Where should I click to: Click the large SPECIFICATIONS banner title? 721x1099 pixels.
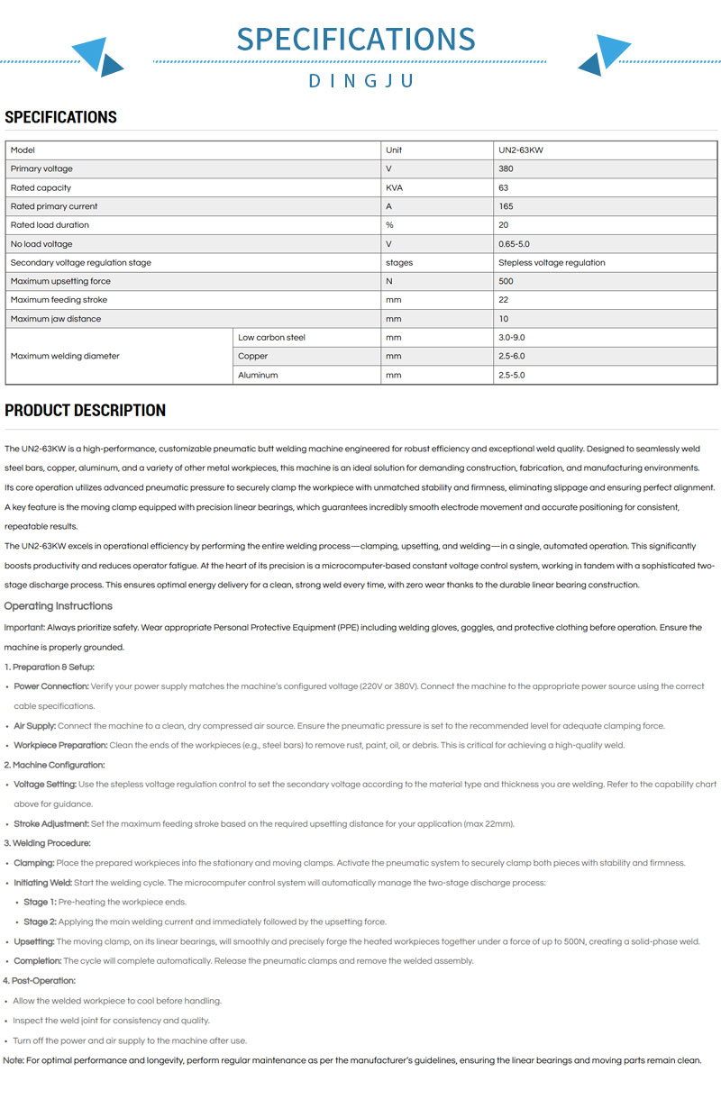pyautogui.click(x=356, y=39)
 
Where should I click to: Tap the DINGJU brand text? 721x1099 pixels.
pyautogui.click(x=360, y=81)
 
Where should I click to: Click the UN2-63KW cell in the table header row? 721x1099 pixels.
pyautogui.click(x=521, y=150)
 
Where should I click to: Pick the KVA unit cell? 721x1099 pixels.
pyautogui.click(x=394, y=188)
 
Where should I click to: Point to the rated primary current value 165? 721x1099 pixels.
pyautogui.click(x=505, y=206)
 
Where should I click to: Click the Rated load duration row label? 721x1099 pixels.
pyautogui.click(x=50, y=225)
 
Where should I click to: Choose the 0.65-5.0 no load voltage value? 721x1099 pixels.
pyautogui.click(x=513, y=244)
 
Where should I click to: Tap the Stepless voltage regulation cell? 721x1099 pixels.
pyautogui.click(x=552, y=263)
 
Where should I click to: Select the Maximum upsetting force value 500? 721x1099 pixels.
pyautogui.click(x=505, y=281)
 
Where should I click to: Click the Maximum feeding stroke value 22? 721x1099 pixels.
pyautogui.click(x=503, y=300)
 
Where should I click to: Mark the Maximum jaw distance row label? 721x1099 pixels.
pyautogui.click(x=56, y=319)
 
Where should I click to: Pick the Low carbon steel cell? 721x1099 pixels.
pyautogui.click(x=271, y=338)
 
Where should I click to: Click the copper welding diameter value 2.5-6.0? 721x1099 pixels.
pyautogui.click(x=511, y=357)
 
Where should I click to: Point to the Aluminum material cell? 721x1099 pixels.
pyautogui.click(x=258, y=375)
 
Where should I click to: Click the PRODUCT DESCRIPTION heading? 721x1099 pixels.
pyautogui.click(x=86, y=411)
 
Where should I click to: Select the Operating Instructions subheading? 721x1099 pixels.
pyautogui.click(x=59, y=606)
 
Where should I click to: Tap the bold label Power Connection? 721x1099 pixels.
pyautogui.click(x=51, y=686)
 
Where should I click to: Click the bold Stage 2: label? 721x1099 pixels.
pyautogui.click(x=40, y=922)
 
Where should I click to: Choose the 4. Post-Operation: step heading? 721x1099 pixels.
pyautogui.click(x=40, y=980)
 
